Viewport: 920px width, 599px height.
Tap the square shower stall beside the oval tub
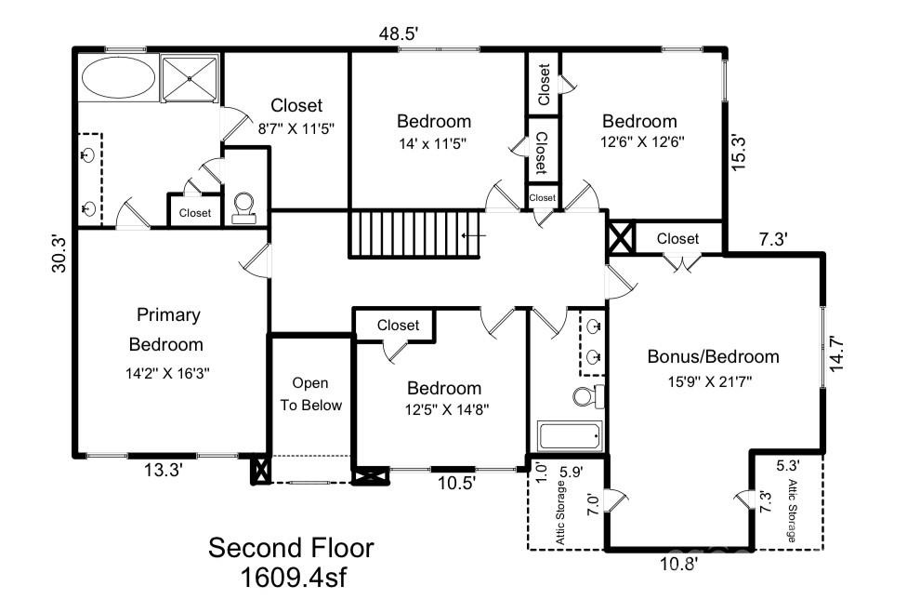click(x=191, y=75)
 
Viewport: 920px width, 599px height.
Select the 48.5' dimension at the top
click(x=399, y=34)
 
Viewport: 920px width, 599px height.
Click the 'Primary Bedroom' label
click(x=167, y=329)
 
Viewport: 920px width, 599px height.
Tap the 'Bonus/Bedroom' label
click(x=713, y=356)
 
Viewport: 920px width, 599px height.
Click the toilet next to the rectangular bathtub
click(x=585, y=397)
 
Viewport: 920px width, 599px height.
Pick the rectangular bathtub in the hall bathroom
click(x=570, y=435)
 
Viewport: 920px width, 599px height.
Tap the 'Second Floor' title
click(x=290, y=548)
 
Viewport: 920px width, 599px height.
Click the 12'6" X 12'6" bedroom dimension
click(x=639, y=143)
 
